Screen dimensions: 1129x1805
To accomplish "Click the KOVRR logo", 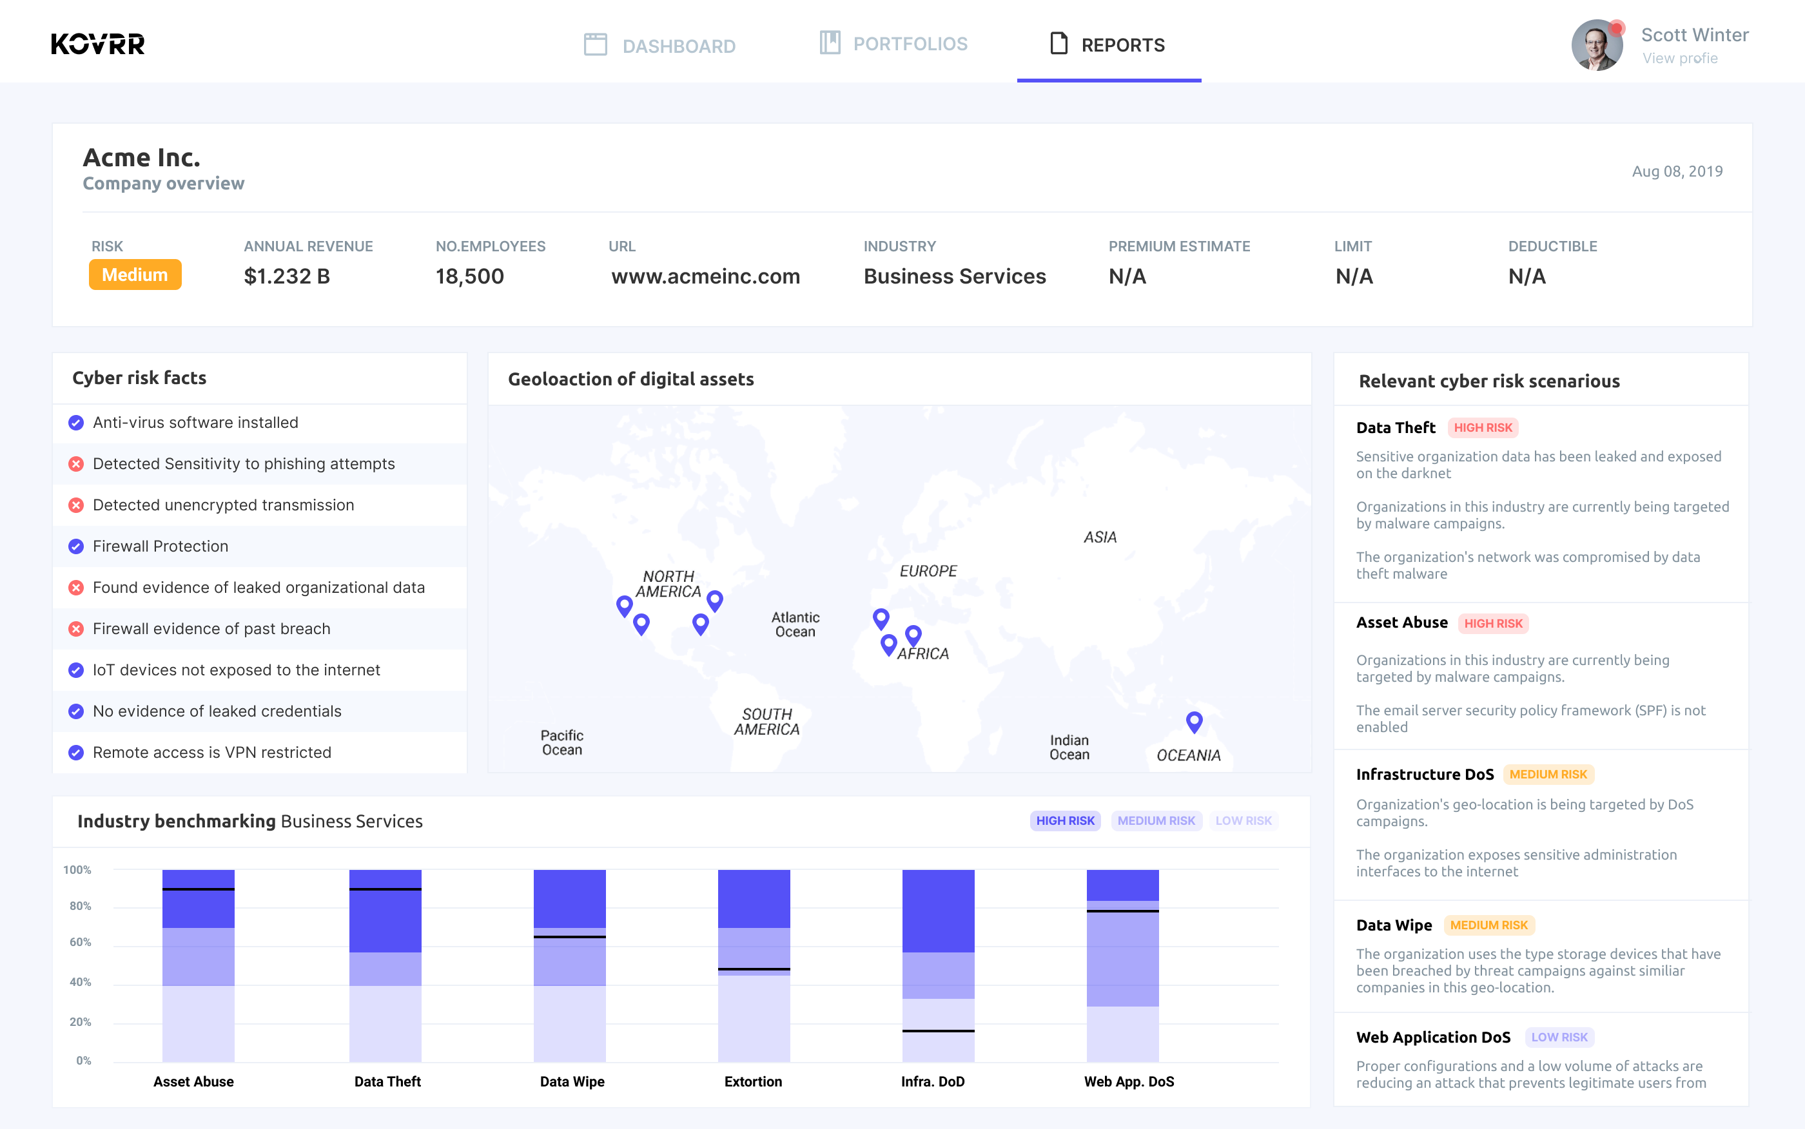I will (x=98, y=44).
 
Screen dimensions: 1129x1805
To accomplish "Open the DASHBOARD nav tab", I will (x=659, y=46).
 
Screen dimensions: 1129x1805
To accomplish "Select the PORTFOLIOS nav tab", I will (x=893, y=43).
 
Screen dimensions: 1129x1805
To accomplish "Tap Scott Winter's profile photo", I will (x=1597, y=46).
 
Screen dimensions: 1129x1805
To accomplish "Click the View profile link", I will (x=1679, y=58).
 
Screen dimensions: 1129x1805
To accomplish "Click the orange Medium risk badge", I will (x=135, y=275).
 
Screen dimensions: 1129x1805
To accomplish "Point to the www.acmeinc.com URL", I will (x=705, y=276).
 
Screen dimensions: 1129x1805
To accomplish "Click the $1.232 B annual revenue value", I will (x=287, y=276).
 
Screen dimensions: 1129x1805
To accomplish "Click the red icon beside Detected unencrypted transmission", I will (x=76, y=505).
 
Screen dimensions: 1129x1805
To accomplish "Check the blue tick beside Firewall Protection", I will (x=76, y=546).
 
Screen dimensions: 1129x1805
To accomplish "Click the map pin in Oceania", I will (x=1193, y=720).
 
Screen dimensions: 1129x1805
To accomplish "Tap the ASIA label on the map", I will (x=1099, y=537).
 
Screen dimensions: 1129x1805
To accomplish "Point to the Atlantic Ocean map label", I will (x=795, y=624).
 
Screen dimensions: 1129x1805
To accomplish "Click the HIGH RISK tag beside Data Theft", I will (x=1483, y=428).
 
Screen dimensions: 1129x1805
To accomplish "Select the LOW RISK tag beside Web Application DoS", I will (x=1559, y=1037).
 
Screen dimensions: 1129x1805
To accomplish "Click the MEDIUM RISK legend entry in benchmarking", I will (x=1155, y=820).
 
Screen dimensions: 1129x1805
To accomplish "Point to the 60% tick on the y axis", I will (x=80, y=942).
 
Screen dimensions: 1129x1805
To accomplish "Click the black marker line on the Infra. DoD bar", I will (x=938, y=1031).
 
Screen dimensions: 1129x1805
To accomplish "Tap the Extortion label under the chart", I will (x=753, y=1081).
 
